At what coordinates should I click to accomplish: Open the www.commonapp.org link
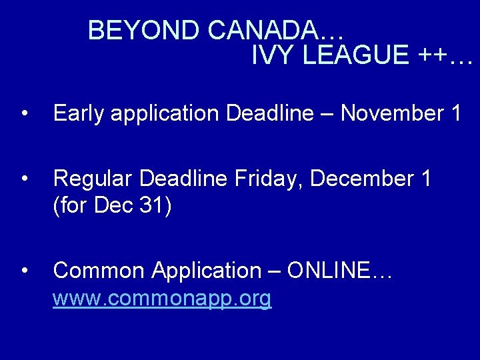click(162, 299)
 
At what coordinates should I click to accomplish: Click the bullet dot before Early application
click(25, 113)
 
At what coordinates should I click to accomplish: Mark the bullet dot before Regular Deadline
click(25, 179)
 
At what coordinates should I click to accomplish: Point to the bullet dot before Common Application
click(25, 271)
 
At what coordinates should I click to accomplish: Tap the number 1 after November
click(457, 113)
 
